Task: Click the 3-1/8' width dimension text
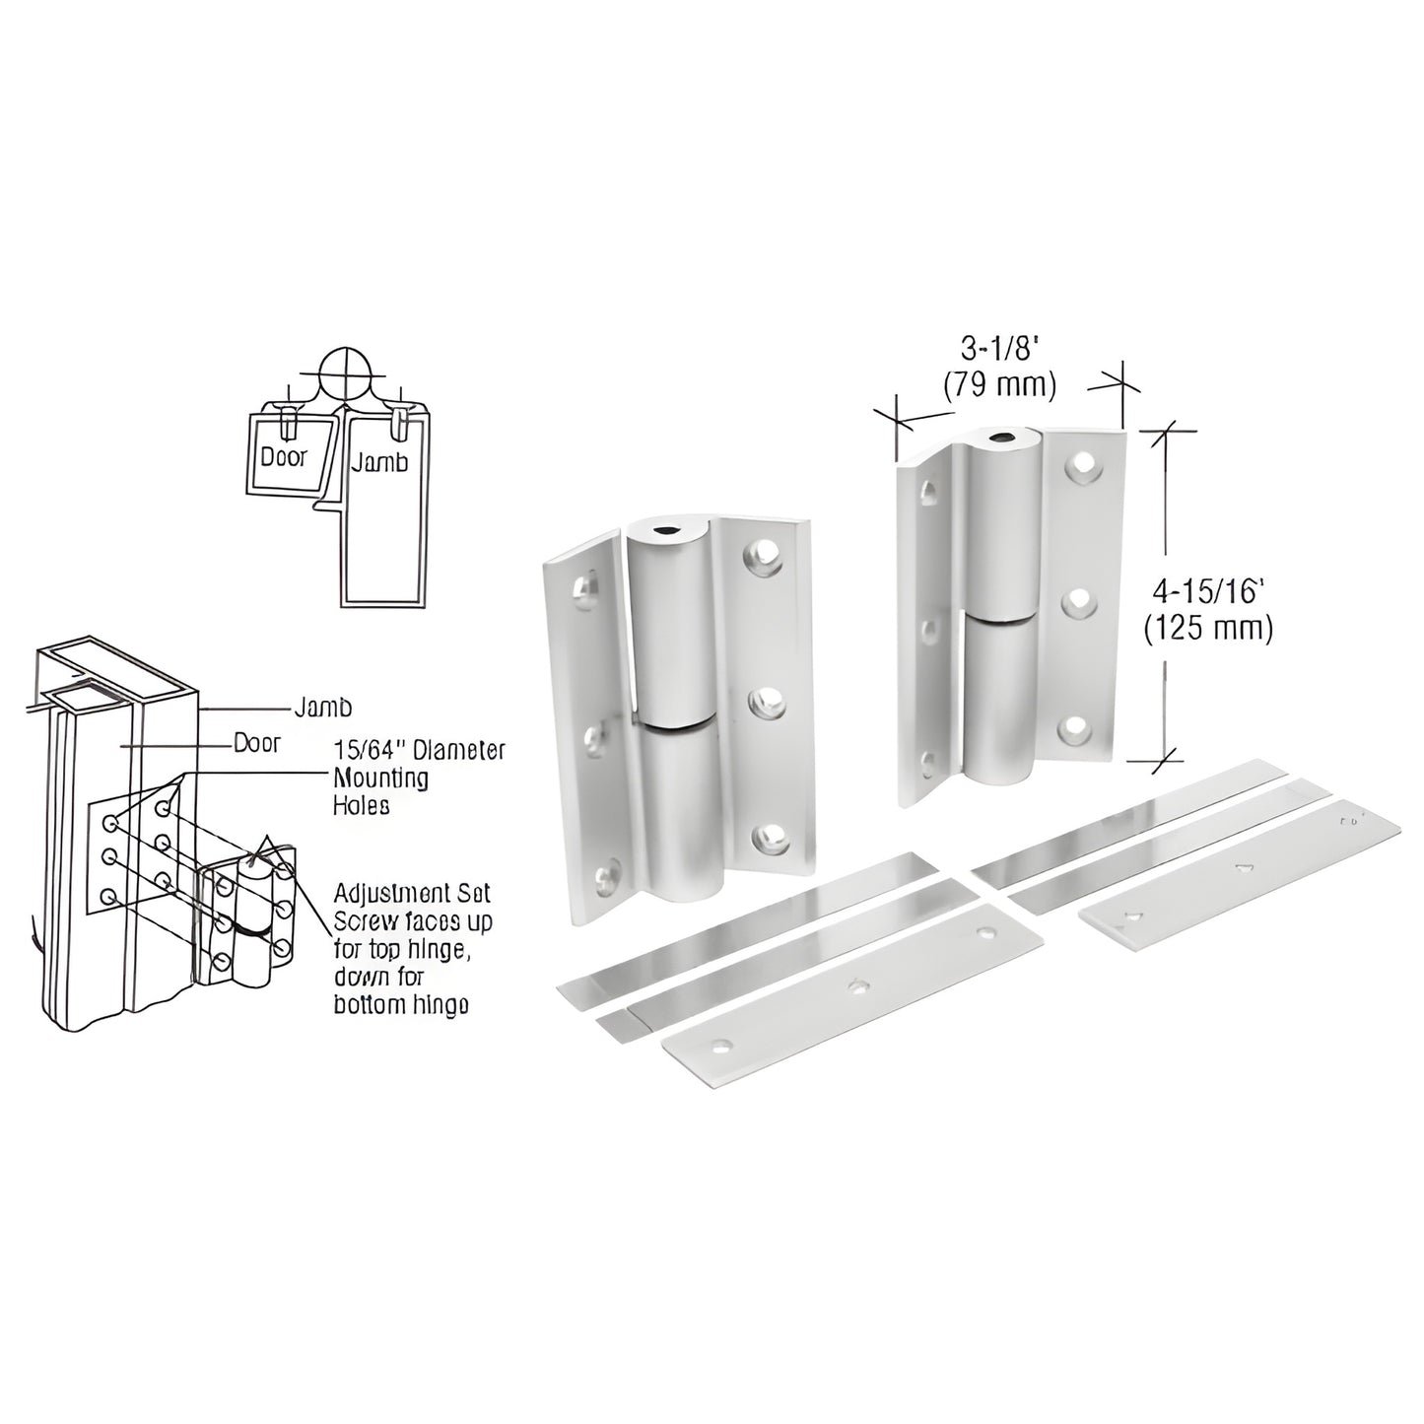999,348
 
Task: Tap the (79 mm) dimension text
999,384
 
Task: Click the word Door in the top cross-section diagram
284,456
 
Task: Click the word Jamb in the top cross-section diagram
379,460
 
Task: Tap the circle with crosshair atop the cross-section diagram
345,374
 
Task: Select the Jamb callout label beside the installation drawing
323,707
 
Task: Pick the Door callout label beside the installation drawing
256,743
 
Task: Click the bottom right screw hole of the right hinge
1077,729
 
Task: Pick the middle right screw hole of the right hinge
1080,598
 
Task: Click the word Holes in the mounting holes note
362,805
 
